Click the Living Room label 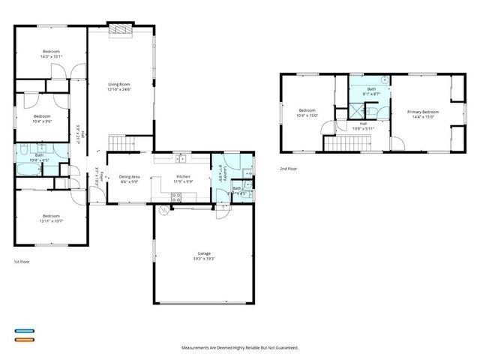pos(120,87)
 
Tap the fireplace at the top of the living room pos(119,29)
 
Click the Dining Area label pos(130,179)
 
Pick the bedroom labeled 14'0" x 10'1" pos(51,54)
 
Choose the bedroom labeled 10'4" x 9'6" pos(42,118)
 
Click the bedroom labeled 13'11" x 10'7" pos(50,217)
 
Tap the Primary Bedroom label pos(422,114)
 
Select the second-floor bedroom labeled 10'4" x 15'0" pos(307,114)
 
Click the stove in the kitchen pos(176,197)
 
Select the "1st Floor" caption pos(22,262)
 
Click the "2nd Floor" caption pos(289,169)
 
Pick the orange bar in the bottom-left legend pos(24,339)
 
